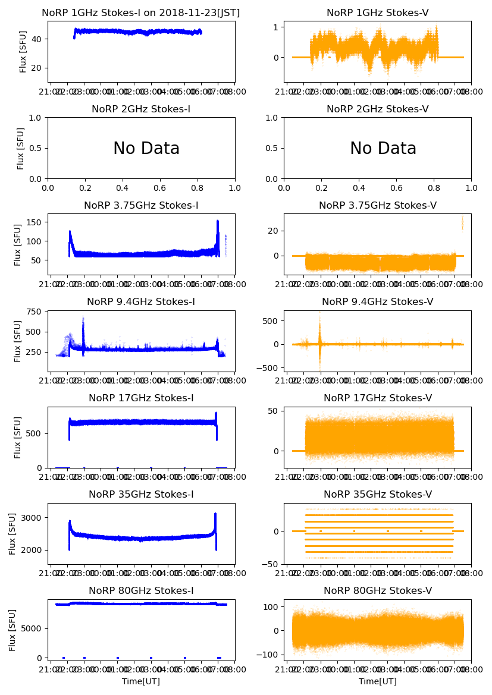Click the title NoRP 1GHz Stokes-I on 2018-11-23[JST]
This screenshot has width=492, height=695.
[141, 13]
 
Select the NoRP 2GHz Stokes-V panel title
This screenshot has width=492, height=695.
[378, 109]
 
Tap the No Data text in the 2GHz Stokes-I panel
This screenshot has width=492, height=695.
[146, 149]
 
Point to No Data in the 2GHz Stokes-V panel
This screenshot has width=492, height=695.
[383, 149]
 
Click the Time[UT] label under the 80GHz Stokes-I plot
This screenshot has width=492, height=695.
[141, 681]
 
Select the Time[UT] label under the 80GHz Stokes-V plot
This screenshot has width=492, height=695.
[378, 681]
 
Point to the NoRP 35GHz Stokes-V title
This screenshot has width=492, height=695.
[378, 495]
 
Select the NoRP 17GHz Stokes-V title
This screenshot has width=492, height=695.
[378, 398]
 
